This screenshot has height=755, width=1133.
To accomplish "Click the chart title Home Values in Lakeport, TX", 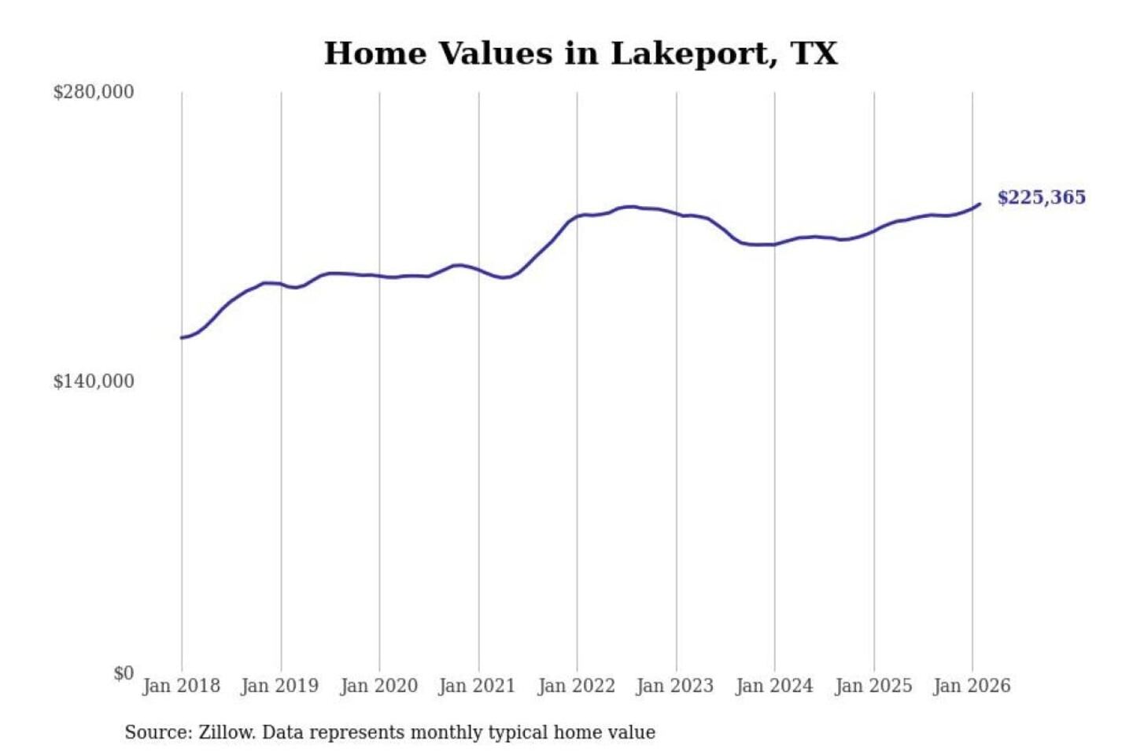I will (x=581, y=53).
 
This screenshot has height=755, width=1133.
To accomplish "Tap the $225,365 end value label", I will (x=1041, y=197).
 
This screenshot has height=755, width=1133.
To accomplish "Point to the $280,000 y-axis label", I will (x=93, y=92).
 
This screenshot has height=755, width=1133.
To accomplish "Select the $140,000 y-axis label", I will (x=93, y=381).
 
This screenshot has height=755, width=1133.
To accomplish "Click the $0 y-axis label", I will (x=123, y=673).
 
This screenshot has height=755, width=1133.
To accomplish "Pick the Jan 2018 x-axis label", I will (x=181, y=686).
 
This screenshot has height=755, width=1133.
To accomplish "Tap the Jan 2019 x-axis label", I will (x=279, y=686).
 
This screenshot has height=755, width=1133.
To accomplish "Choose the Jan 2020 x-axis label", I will (x=378, y=686).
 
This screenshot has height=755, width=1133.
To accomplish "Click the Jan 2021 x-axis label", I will (x=477, y=686).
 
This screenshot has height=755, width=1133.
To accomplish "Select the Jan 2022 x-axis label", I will (x=576, y=686).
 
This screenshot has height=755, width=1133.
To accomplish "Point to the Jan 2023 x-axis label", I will (x=674, y=686).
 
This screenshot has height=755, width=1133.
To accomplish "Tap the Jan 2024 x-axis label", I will (x=773, y=686).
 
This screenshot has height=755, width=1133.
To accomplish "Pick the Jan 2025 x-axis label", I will (x=873, y=686).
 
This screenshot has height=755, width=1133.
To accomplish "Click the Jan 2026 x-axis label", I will (x=971, y=686).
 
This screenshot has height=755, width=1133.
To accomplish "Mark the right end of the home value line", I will (x=980, y=204).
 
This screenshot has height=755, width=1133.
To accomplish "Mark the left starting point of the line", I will (x=182, y=338).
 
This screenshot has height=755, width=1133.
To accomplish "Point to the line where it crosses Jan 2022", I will (x=577, y=216).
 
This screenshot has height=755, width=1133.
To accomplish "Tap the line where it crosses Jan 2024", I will (x=774, y=245).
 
